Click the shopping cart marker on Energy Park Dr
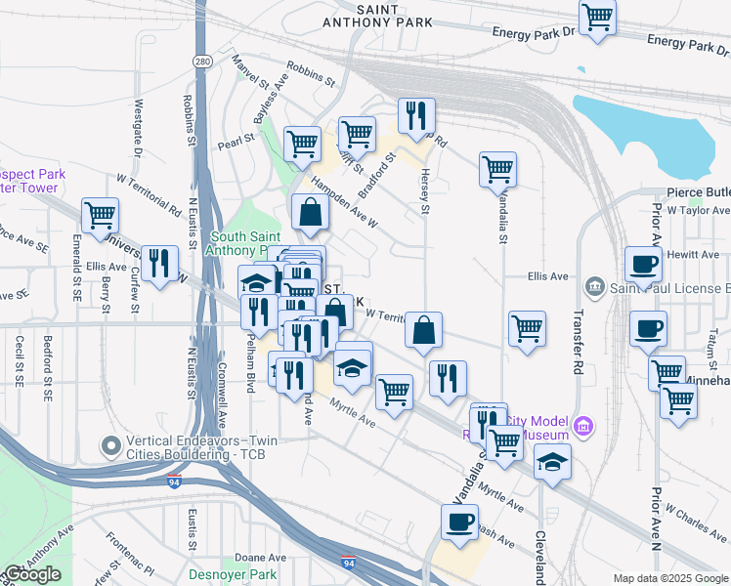(597, 19)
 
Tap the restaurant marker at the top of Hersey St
(416, 116)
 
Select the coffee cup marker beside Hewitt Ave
(644, 265)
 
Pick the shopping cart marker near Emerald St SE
(100, 216)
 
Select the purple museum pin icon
(584, 426)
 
